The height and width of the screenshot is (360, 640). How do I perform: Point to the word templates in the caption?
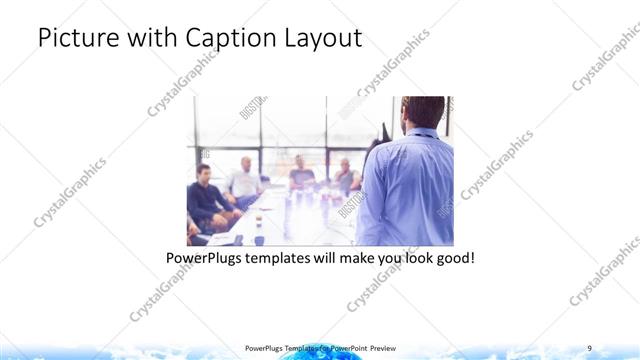[x=292, y=258]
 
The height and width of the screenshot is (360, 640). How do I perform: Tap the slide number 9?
[x=589, y=347]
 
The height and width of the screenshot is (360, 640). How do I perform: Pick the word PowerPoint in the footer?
[x=347, y=347]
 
